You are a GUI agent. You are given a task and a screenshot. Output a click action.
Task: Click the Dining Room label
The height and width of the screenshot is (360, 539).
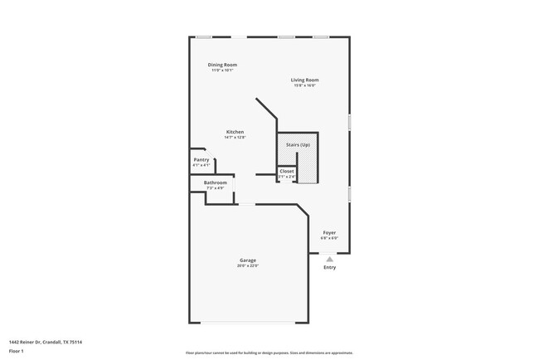click(x=222, y=65)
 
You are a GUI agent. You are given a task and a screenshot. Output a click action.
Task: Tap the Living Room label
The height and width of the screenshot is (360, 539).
click(x=305, y=80)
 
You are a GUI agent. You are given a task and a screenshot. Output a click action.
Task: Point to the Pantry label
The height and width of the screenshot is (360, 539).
click(x=201, y=159)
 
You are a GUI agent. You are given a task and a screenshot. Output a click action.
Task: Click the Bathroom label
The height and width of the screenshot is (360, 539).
click(x=216, y=182)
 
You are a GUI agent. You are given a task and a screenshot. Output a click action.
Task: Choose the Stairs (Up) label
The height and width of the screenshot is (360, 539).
click(x=298, y=144)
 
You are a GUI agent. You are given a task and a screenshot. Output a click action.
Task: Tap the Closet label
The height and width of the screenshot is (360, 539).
click(x=286, y=171)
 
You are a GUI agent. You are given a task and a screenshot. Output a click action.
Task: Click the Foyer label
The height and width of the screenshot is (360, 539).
click(x=329, y=232)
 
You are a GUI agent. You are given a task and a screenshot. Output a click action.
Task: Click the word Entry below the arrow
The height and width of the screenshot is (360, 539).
click(x=329, y=267)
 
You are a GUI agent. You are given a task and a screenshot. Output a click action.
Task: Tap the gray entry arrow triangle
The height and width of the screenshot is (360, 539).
click(x=329, y=259)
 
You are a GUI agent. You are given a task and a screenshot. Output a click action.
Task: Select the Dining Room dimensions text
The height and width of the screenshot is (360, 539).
click(x=222, y=70)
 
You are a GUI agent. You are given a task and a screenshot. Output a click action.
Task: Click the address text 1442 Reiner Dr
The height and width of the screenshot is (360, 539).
click(x=46, y=342)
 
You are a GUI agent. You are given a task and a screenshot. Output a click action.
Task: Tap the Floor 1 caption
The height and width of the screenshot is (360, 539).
click(x=17, y=351)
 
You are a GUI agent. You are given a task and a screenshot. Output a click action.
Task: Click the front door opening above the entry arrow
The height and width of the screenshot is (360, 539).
click(x=329, y=252)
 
